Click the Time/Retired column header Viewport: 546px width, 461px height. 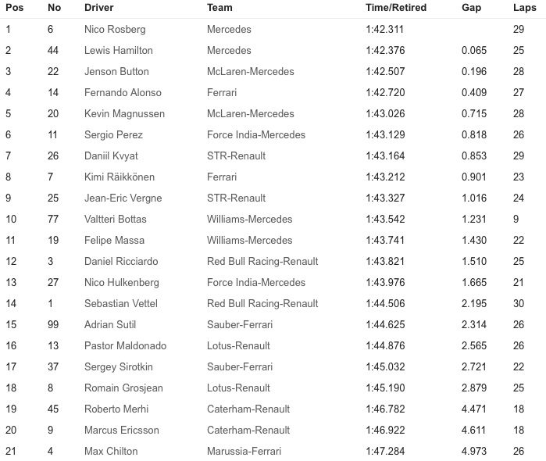[x=394, y=8]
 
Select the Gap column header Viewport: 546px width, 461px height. [x=471, y=8]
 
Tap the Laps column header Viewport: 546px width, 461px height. [x=524, y=8]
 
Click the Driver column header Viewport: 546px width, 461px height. [x=98, y=8]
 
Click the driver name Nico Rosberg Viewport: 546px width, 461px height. [x=115, y=29]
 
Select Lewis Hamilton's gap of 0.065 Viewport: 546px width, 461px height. [x=473, y=50]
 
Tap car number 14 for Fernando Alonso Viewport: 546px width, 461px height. [x=53, y=92]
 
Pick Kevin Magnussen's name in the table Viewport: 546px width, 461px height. [x=124, y=113]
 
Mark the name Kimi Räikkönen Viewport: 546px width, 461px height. [x=120, y=177]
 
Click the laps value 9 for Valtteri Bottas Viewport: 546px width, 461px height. [x=516, y=219]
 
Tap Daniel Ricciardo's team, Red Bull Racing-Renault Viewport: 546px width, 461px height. [x=262, y=261]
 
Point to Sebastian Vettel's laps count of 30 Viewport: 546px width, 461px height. [x=519, y=303]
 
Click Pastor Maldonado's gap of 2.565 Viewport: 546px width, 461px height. [x=473, y=345]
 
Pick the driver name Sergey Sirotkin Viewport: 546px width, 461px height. [x=118, y=366]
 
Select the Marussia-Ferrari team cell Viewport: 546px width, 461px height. [x=244, y=451]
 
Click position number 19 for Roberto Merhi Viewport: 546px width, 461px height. [x=11, y=409]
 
